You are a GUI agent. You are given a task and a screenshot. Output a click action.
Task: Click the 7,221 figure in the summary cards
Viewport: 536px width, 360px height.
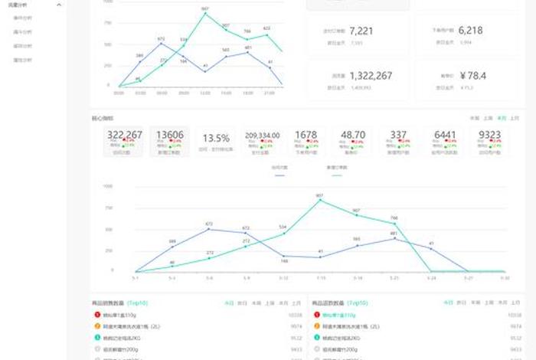361,31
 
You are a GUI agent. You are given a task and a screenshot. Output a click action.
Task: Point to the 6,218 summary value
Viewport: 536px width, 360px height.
471,31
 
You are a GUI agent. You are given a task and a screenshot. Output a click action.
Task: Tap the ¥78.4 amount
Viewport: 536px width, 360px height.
475,76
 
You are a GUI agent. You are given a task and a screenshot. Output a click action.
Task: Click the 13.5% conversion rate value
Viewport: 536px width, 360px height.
216,139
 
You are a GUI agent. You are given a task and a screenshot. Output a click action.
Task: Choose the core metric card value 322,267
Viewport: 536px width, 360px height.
125,135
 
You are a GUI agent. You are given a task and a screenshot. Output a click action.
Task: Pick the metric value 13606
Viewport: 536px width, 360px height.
169,135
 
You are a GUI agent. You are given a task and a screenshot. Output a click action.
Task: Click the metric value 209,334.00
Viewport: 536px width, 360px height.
263,135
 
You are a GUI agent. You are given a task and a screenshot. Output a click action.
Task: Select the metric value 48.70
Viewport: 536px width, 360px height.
353,135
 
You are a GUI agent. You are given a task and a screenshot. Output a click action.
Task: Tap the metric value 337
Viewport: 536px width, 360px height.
398,135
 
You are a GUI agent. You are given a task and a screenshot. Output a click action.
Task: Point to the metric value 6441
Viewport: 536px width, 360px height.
445,135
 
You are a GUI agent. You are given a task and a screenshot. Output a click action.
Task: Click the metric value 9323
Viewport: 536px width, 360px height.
490,135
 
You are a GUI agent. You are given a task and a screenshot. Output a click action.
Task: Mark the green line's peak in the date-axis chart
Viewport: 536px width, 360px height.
319,200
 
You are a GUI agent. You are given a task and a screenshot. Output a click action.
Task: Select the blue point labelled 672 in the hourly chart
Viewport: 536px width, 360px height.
162,43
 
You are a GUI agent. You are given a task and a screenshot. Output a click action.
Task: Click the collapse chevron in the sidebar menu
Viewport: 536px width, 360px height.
60,5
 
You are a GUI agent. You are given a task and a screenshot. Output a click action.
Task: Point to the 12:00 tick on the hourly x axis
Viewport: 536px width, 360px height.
205,93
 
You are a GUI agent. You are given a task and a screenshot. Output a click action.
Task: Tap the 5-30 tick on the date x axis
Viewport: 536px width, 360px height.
505,277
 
